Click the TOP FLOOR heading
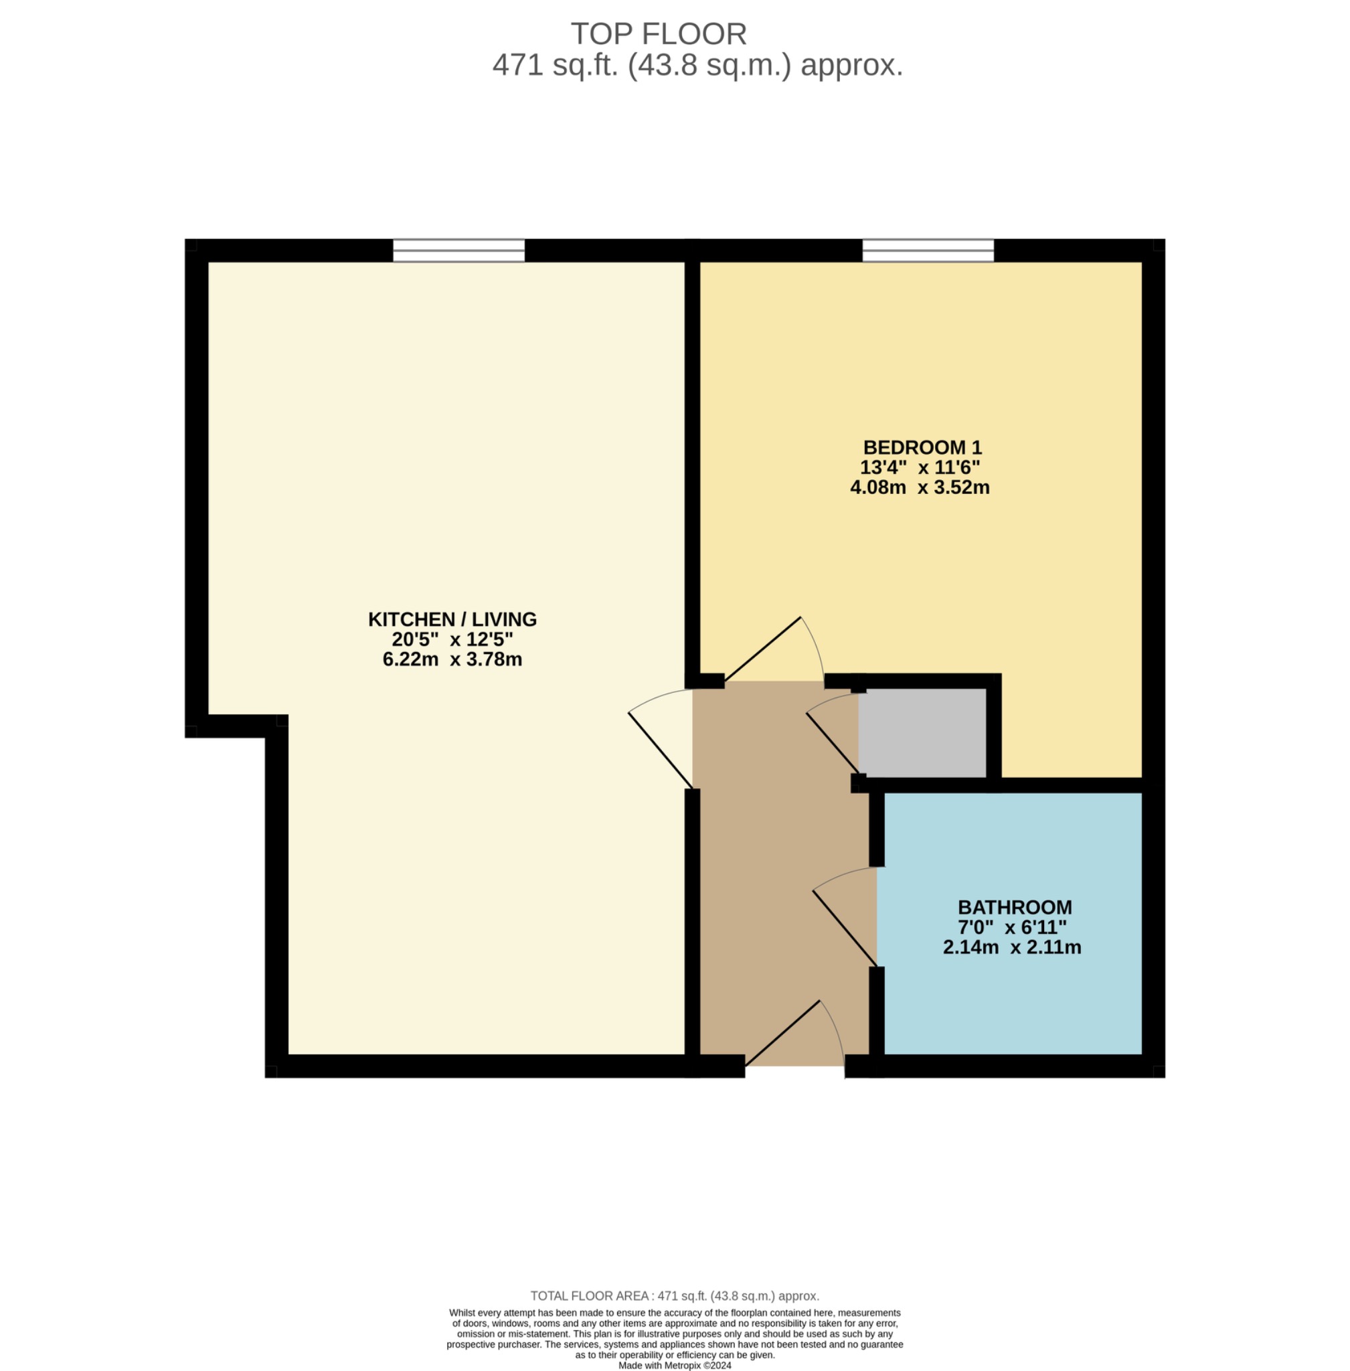tap(658, 34)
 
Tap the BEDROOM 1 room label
tap(922, 448)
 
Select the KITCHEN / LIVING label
tap(452, 619)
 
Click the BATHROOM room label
tap(1015, 907)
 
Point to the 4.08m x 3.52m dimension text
tap(920, 487)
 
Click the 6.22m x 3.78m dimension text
tap(452, 659)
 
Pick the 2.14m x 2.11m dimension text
tap(1012, 947)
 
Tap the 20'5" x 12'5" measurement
tap(452, 639)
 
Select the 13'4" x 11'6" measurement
tap(920, 467)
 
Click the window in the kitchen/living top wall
tap(458, 250)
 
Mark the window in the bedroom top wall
tap(928, 250)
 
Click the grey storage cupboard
tap(922, 732)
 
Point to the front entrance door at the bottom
tap(794, 1036)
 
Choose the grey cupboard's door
tap(833, 741)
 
